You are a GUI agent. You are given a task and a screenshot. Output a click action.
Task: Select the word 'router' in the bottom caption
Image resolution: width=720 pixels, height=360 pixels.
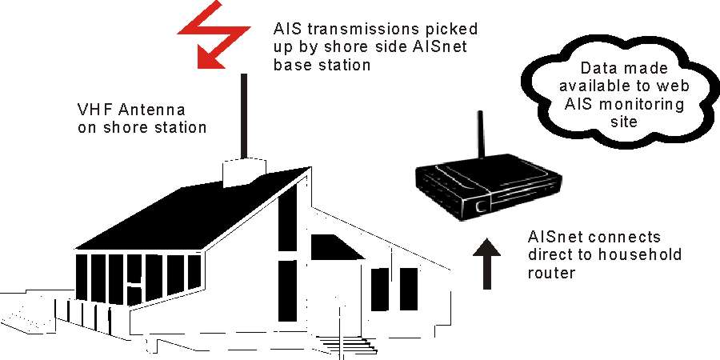551,273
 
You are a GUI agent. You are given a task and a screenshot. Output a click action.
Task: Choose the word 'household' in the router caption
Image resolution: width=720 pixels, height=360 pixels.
642,254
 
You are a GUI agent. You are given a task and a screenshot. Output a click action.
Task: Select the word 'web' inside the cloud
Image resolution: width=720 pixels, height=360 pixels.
654,86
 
